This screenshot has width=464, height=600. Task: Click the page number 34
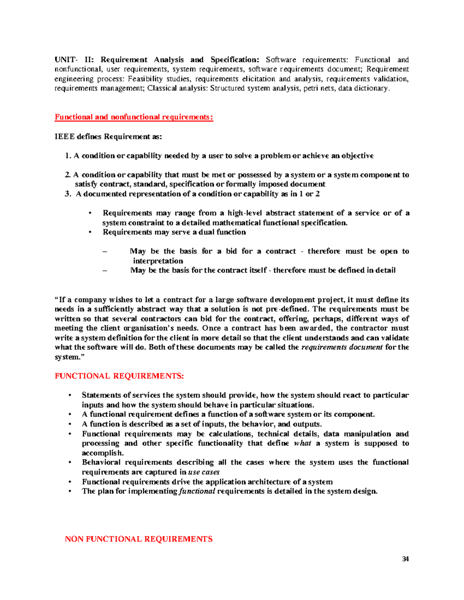click(405, 559)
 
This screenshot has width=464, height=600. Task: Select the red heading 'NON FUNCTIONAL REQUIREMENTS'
click(138, 539)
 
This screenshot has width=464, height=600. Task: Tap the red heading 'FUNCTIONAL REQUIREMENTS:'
click(119, 376)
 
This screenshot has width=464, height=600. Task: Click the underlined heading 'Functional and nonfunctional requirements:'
click(134, 117)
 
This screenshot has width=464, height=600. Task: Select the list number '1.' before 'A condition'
click(68, 156)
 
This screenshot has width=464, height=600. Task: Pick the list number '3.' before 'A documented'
click(68, 194)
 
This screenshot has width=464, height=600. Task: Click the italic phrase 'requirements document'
click(342, 347)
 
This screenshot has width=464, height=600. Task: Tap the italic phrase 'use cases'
click(204, 472)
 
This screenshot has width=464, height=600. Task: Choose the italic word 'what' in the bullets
click(302, 443)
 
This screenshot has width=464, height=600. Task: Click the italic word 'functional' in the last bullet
click(197, 491)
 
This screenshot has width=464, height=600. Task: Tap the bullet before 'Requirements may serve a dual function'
click(90, 232)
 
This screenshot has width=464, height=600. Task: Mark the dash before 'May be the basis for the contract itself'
click(104, 270)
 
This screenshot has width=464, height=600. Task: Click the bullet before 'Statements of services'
click(70, 395)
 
